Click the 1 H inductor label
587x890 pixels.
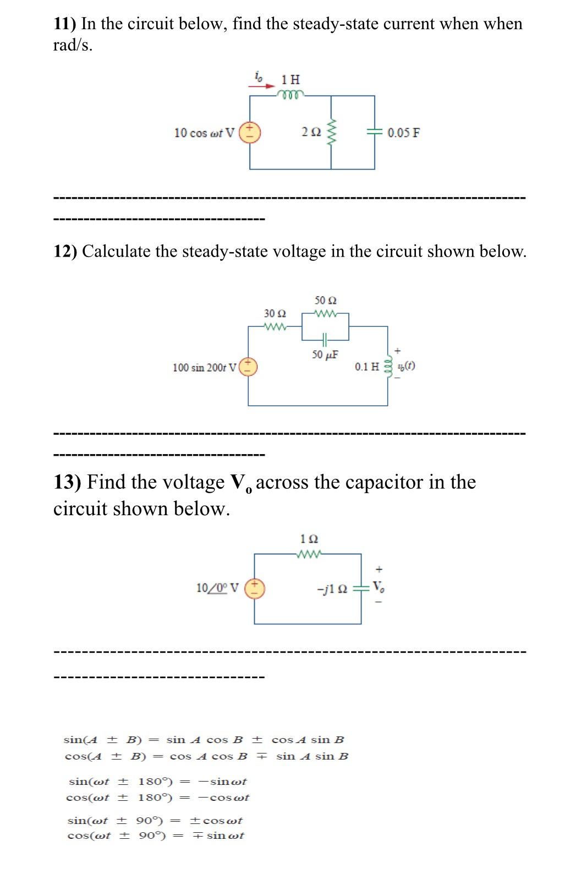(290, 79)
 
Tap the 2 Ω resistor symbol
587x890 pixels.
(331, 133)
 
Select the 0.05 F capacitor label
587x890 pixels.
(403, 133)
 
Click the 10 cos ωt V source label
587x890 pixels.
(204, 133)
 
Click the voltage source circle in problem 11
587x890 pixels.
(250, 133)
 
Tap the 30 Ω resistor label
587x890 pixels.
(275, 314)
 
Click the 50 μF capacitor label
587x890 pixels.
(325, 354)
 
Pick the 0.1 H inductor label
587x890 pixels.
(367, 367)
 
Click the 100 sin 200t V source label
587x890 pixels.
(204, 367)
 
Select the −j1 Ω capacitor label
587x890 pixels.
(332, 588)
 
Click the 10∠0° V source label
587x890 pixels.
(217, 588)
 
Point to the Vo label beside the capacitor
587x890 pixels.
(378, 587)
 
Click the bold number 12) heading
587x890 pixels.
(66, 252)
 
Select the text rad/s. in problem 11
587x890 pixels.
(73, 46)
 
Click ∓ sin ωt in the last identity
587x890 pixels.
(218, 836)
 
